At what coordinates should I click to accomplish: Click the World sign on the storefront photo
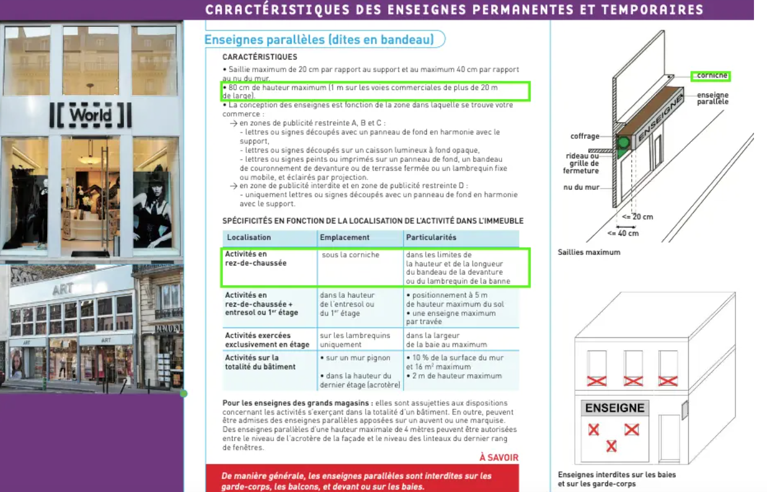click(x=91, y=115)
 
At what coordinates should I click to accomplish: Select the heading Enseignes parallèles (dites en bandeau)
click(x=319, y=40)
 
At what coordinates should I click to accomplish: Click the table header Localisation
click(x=249, y=238)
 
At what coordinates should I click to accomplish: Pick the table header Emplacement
click(x=344, y=238)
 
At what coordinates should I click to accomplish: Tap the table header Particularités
click(x=431, y=238)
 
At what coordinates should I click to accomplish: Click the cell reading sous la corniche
click(x=350, y=255)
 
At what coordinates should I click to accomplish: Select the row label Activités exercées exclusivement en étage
click(x=267, y=340)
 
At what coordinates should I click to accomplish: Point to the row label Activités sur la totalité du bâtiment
click(x=260, y=362)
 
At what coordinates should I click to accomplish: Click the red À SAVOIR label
click(x=499, y=458)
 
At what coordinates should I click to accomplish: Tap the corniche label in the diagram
click(x=711, y=76)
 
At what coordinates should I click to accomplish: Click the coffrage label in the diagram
click(x=585, y=136)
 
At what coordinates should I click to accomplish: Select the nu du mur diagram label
click(x=581, y=187)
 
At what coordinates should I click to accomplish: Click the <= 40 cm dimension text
click(x=623, y=233)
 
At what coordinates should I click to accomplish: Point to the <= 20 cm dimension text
click(x=637, y=217)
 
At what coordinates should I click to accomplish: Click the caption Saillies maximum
click(x=588, y=253)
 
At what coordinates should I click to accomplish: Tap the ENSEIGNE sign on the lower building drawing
click(x=614, y=408)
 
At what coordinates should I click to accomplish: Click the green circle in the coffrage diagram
click(x=623, y=143)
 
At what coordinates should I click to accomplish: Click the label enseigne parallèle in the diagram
click(x=712, y=98)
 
